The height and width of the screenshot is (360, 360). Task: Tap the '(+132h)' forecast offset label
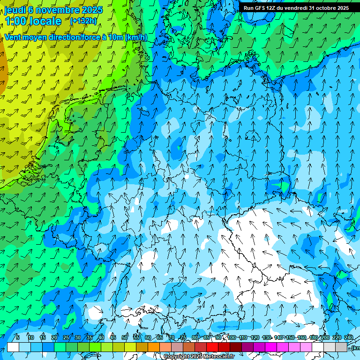[83, 21]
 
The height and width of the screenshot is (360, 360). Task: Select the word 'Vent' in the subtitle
[13, 37]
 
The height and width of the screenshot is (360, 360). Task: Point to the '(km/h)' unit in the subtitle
[136, 37]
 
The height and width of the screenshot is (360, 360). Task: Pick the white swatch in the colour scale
[13, 347]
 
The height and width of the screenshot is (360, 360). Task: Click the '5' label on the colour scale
[18, 337]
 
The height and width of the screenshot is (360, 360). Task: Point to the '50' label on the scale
[125, 337]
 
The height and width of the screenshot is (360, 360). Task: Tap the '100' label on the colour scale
[232, 337]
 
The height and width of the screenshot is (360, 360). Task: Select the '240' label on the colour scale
[349, 337]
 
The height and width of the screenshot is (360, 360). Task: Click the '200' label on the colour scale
[325, 337]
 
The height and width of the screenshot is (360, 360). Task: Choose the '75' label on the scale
[183, 337]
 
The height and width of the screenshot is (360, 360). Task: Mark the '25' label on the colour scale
[66, 337]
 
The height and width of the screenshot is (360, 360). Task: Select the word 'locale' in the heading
[46, 21]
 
